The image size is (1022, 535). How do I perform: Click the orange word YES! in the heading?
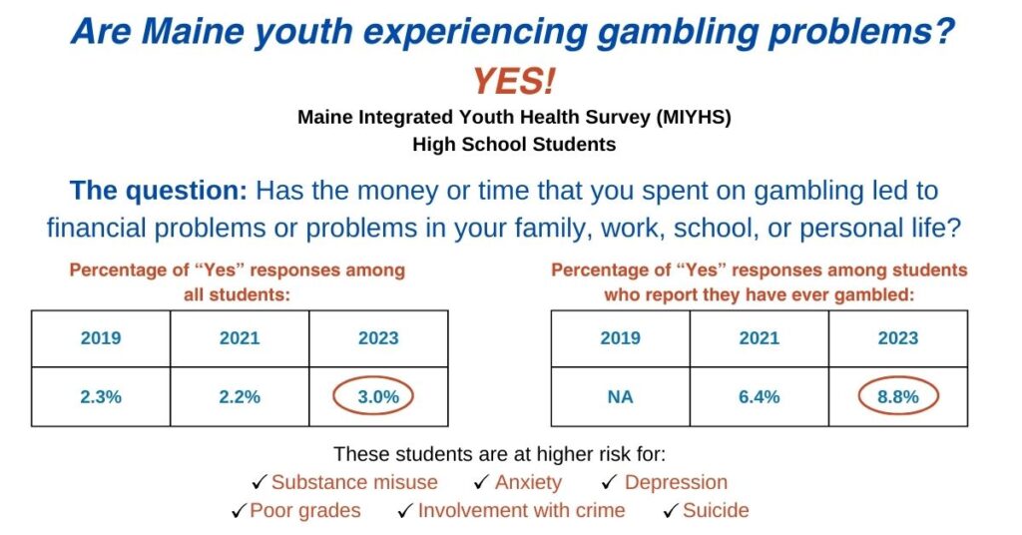[514, 82]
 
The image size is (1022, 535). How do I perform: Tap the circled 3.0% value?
[378, 396]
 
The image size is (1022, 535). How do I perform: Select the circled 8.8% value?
[897, 396]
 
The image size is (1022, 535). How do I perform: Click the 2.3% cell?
[101, 397]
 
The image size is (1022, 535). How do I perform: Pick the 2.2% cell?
[240, 397]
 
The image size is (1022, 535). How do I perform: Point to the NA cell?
[620, 397]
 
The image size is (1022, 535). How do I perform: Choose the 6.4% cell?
[759, 397]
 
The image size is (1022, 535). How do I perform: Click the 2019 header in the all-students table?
[101, 338]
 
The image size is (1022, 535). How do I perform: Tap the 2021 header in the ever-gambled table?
[759, 338]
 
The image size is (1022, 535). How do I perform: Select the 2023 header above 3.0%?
[378, 338]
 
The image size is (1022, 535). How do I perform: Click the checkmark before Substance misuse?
[259, 482]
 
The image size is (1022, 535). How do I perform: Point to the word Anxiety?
[528, 483]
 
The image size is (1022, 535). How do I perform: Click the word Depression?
[676, 482]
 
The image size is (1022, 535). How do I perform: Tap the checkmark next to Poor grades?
[240, 510]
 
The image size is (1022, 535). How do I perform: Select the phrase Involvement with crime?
[521, 510]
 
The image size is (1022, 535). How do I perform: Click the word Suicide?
[716, 510]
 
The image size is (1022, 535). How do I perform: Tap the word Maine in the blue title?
[191, 31]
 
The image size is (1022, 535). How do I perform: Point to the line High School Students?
[514, 144]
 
